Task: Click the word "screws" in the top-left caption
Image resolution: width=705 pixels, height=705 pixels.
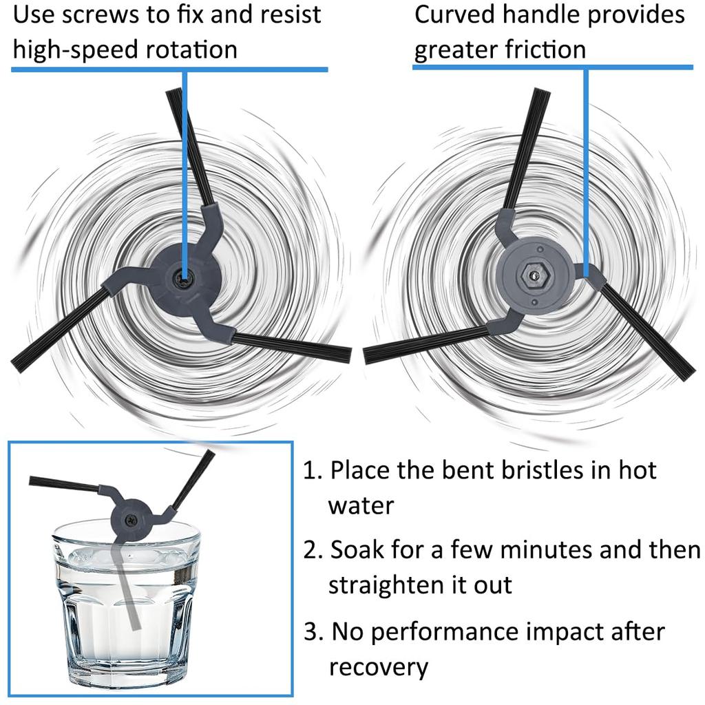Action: [101, 15]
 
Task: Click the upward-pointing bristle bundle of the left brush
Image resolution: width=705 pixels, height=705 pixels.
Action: [190, 146]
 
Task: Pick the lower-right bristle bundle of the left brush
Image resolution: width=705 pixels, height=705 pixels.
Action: [292, 347]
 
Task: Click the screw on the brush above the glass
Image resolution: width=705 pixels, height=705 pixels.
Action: [131, 520]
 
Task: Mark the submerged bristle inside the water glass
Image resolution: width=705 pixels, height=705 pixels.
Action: [127, 585]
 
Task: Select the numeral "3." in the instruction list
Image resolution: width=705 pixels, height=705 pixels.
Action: [313, 632]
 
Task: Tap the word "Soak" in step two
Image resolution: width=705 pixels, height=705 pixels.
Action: [357, 550]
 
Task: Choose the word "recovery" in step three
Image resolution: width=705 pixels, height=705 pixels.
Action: [379, 669]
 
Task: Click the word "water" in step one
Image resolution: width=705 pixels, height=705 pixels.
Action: [361, 506]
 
